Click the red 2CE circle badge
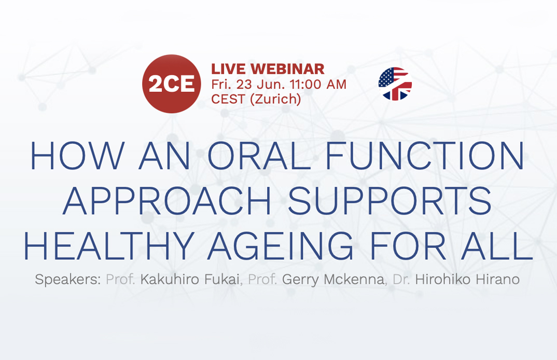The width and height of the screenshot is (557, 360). [172, 84]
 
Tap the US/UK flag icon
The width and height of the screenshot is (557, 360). [395, 84]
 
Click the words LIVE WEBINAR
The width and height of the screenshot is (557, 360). [268, 69]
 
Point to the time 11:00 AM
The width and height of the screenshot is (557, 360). [318, 84]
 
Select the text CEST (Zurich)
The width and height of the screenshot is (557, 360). [256, 99]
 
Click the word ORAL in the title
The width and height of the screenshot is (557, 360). [260, 156]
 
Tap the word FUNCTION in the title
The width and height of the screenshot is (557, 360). [425, 156]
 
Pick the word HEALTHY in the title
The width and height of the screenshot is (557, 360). [109, 245]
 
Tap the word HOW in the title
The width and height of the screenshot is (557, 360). [78, 156]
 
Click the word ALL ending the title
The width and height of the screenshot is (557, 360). [497, 245]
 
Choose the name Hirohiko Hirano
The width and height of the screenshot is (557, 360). [467, 279]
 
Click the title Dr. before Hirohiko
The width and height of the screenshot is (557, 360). [401, 279]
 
